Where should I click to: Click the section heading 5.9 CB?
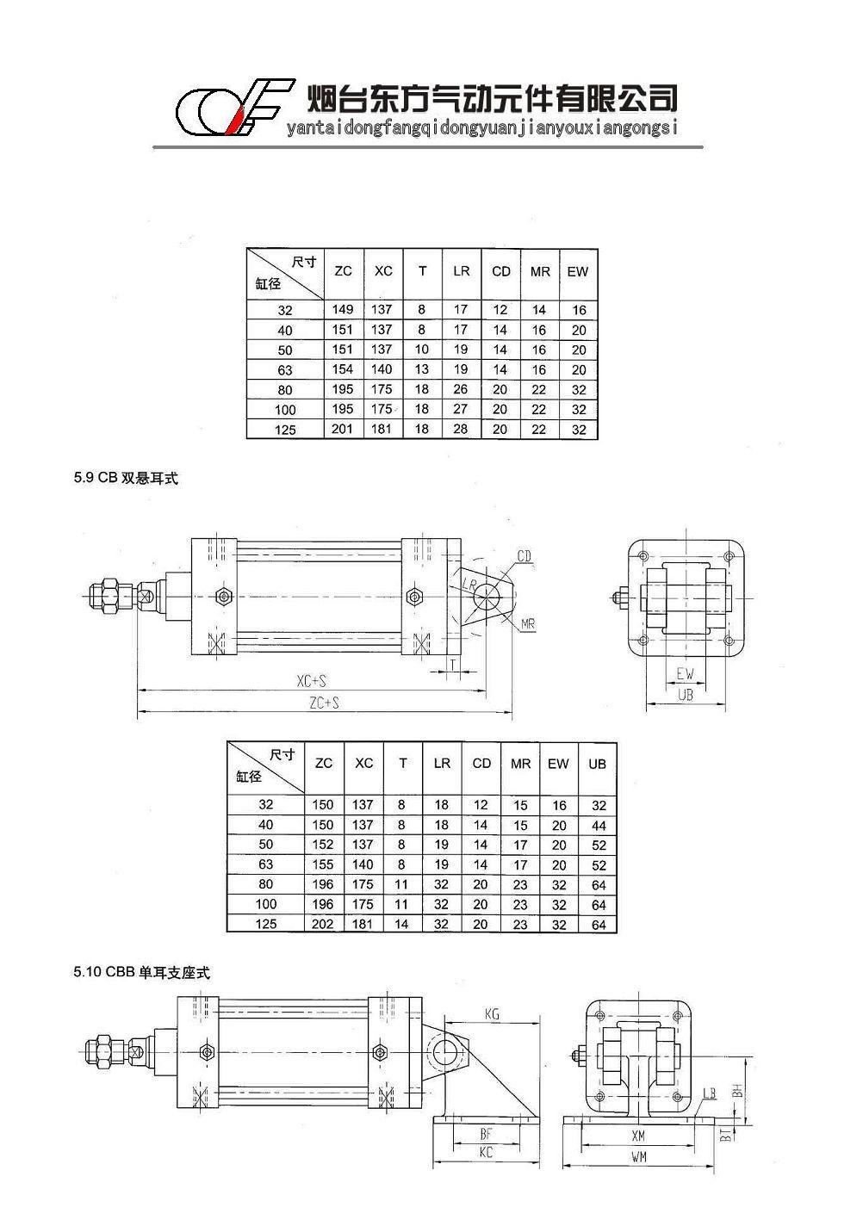click(x=126, y=479)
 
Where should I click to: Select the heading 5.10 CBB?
click(x=141, y=972)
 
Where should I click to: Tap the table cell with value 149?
click(x=343, y=309)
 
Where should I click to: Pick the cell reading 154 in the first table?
click(x=343, y=369)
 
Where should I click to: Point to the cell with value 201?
click(x=343, y=429)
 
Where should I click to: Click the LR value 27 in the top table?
click(x=461, y=409)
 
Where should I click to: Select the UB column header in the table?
click(x=598, y=764)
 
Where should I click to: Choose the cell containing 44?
click(x=599, y=826)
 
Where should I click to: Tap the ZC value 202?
click(x=322, y=925)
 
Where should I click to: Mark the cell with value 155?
click(x=322, y=864)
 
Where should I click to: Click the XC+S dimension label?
click(x=311, y=681)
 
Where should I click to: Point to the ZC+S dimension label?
click(x=324, y=703)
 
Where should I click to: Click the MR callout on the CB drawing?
click(x=528, y=623)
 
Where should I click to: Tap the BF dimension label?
click(x=487, y=1134)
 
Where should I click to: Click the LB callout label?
click(x=710, y=1093)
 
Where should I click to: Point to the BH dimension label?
click(x=737, y=1090)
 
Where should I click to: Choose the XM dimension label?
click(x=638, y=1136)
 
